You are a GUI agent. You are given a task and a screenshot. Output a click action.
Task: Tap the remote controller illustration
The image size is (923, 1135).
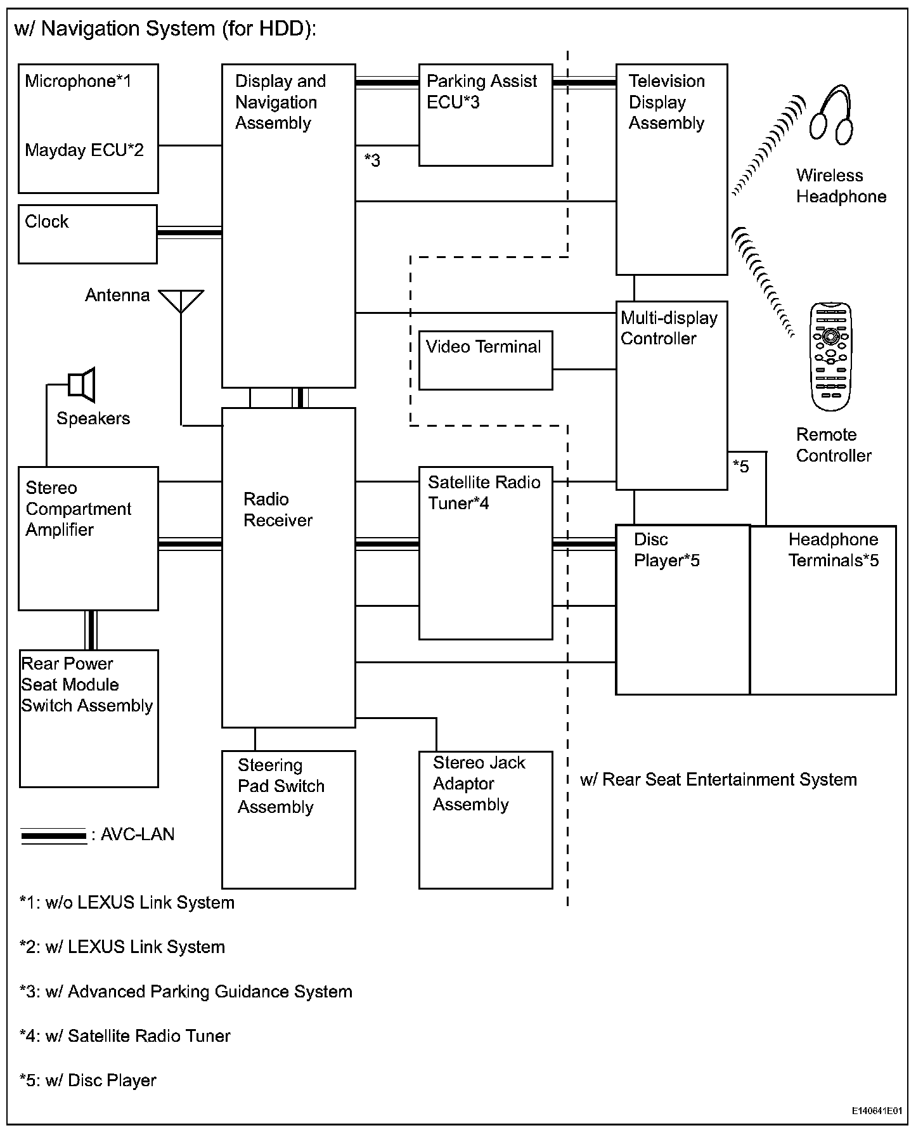click(x=831, y=356)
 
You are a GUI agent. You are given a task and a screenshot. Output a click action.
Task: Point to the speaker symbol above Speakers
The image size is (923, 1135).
click(x=82, y=384)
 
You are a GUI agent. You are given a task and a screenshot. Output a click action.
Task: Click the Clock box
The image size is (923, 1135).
click(x=87, y=234)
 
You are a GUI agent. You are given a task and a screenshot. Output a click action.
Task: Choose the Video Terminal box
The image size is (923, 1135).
click(x=485, y=360)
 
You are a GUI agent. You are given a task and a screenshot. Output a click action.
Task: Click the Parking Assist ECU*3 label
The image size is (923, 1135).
click(x=481, y=91)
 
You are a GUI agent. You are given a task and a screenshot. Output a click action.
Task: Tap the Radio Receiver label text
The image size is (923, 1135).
click(x=278, y=510)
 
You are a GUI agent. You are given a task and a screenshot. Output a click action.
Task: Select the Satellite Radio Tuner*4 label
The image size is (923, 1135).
click(x=484, y=493)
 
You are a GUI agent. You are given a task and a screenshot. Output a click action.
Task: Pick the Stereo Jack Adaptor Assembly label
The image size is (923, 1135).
click(x=479, y=783)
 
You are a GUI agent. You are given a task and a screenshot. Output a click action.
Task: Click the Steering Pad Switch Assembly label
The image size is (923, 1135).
click(x=281, y=786)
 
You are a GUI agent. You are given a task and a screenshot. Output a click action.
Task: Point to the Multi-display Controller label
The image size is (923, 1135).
click(x=669, y=328)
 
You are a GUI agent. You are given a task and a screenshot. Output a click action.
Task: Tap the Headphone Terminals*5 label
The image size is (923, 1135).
click(x=833, y=550)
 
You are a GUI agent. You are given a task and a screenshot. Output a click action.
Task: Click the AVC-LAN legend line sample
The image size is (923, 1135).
click(x=54, y=836)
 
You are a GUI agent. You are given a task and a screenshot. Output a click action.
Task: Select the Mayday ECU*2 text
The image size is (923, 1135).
click(x=84, y=150)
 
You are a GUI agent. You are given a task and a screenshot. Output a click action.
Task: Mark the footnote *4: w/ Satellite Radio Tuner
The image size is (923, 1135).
click(x=125, y=1036)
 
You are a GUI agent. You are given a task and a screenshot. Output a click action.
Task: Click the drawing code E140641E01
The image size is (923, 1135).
click(x=877, y=1111)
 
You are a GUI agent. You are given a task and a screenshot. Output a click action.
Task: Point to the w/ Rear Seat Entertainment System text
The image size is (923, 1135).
click(x=718, y=779)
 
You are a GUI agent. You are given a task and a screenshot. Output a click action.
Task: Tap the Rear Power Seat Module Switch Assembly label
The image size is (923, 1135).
click(x=87, y=685)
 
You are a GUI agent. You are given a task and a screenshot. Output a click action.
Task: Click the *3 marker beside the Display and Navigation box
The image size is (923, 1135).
click(x=372, y=160)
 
